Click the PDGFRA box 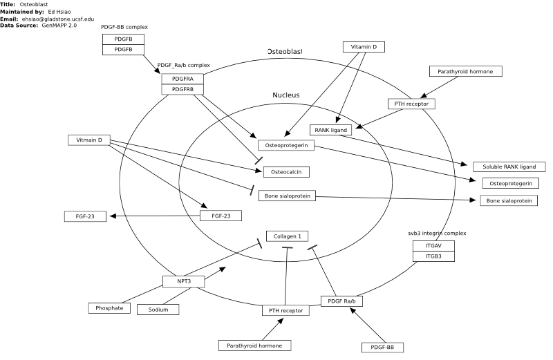coord(182,79)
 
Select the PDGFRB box coord(182,90)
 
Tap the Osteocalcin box coord(286,172)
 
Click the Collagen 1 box coord(287,236)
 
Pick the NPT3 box coord(184,281)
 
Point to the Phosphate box coord(109,308)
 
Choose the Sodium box coord(158,310)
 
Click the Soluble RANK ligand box coord(509,167)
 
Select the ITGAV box coord(433,246)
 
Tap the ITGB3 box coord(433,256)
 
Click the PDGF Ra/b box coord(341,301)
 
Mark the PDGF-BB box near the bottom coord(382,348)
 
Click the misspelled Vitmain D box coord(89,140)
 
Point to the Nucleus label coord(286,95)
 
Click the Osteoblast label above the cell coord(285,52)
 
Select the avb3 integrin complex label coord(437,234)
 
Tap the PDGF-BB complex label coord(124,27)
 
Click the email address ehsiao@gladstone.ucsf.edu coord(58,19)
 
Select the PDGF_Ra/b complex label coord(183,65)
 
